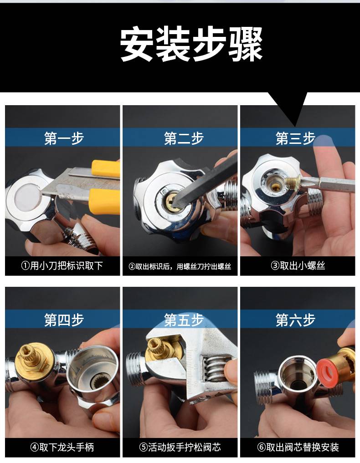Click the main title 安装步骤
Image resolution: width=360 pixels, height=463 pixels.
coord(191,44)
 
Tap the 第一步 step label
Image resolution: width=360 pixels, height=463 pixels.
coord(64,138)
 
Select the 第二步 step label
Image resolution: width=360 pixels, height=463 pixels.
coord(184,138)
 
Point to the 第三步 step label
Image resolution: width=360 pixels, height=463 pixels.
coord(295,138)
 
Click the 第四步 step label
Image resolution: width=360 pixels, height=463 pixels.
coord(64,320)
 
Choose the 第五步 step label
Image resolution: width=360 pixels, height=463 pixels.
coord(184,320)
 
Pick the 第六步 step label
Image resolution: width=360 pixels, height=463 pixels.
coord(295,320)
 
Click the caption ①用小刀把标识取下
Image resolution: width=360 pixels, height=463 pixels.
coord(62,266)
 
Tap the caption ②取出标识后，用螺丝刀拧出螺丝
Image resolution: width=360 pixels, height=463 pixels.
coord(180,266)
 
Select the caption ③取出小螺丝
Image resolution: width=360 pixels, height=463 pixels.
coord(298,266)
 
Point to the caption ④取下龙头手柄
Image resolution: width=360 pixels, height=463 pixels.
coord(62,447)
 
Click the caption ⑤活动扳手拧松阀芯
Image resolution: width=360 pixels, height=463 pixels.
coord(180,447)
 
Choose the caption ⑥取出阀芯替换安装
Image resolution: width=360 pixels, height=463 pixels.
coord(298,447)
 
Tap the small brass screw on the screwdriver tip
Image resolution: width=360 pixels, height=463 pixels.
coord(293,181)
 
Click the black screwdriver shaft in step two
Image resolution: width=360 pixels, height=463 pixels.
coord(204,177)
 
